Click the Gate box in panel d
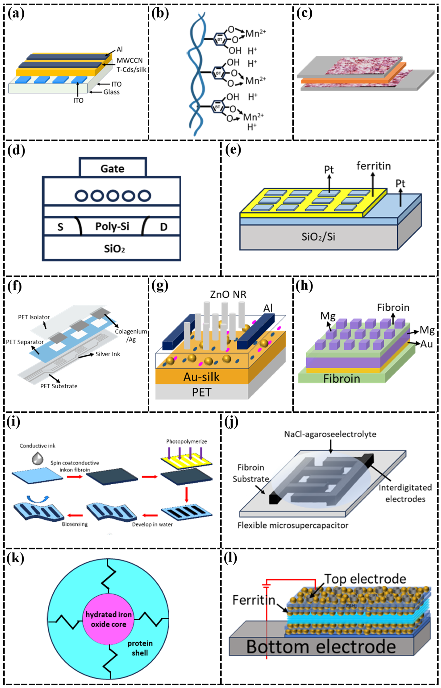(x=113, y=168)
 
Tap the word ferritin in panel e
(x=373, y=166)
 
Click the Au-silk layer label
(x=201, y=377)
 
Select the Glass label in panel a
(x=111, y=92)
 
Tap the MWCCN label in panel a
(x=129, y=61)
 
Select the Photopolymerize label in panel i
(x=186, y=441)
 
